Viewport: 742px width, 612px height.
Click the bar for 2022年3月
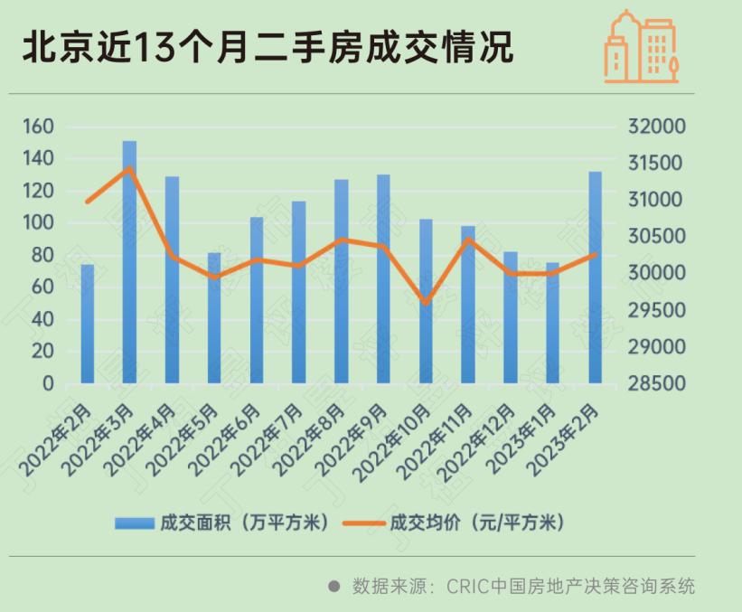(129, 262)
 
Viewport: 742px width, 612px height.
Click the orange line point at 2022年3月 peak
(129, 168)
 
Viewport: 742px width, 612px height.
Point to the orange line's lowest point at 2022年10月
(426, 302)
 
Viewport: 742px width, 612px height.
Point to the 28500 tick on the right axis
(657, 384)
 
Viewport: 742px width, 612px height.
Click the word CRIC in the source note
(466, 586)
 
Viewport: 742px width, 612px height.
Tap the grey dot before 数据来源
(333, 586)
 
